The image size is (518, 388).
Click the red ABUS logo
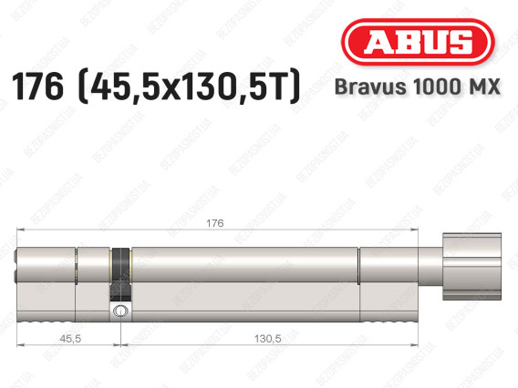click(418, 42)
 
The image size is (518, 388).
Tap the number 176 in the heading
click(37, 87)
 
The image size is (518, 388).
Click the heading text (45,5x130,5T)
click(190, 87)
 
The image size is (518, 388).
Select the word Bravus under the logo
click(370, 87)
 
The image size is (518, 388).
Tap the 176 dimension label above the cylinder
click(214, 223)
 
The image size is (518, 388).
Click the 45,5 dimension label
click(70, 339)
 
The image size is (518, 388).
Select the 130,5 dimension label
click(267, 339)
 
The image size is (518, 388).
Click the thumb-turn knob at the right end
click(471, 267)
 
